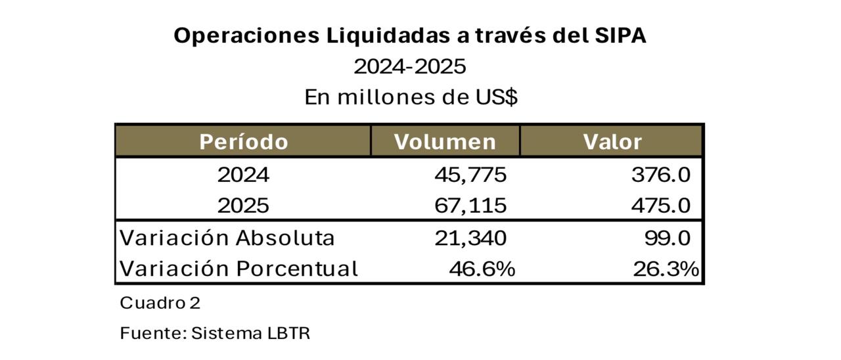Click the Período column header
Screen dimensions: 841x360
click(243, 142)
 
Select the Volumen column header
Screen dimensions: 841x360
click(445, 142)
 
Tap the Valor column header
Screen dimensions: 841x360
click(612, 142)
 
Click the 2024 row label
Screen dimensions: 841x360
click(243, 175)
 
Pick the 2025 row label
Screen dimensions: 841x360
click(243, 206)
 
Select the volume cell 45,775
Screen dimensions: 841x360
click(470, 175)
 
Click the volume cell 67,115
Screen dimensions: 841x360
click(470, 206)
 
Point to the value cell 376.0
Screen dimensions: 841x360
click(661, 175)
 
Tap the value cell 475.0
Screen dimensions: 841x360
click(661, 206)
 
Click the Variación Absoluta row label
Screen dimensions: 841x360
click(227, 238)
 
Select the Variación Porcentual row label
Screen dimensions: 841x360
click(239, 269)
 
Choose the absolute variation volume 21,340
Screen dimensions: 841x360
click(470, 238)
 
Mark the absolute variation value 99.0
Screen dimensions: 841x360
click(668, 238)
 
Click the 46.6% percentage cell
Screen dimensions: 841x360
click(482, 269)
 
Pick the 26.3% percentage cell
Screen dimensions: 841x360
click(666, 269)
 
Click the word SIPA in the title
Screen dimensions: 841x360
click(620, 35)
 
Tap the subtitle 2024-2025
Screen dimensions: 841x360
click(410, 67)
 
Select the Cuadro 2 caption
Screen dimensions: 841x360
click(160, 303)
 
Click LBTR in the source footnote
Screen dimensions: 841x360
click(288, 333)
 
